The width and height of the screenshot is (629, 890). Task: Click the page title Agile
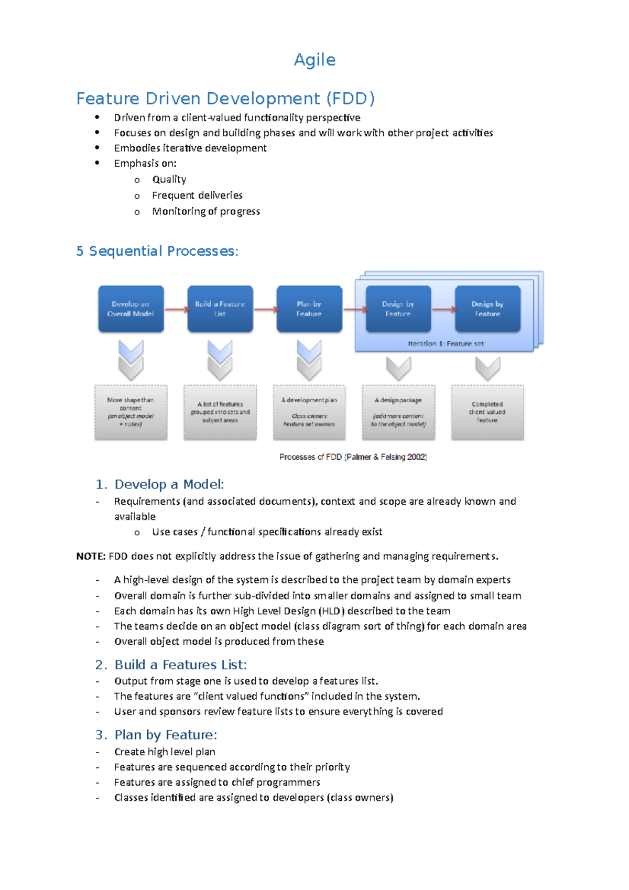[314, 60]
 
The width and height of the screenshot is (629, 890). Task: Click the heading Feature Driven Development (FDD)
[225, 99]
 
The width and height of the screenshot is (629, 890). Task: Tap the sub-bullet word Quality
[169, 179]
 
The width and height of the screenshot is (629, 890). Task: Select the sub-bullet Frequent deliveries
[197, 196]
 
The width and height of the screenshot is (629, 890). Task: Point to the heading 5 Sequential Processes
[157, 251]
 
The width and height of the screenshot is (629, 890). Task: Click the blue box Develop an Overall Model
[131, 309]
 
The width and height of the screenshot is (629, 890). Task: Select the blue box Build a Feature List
[220, 309]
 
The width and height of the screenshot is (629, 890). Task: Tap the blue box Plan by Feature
[309, 309]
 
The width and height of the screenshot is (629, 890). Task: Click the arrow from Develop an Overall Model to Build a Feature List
[176, 309]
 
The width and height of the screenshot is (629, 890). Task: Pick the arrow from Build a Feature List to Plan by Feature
[265, 309]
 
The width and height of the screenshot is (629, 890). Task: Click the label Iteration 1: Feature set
[446, 344]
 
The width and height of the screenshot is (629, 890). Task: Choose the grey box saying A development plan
[309, 412]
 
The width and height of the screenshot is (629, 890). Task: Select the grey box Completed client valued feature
[487, 412]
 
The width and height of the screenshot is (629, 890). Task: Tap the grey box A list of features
[220, 412]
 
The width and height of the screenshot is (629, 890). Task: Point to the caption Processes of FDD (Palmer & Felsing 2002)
[353, 457]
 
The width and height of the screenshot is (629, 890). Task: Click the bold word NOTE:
[91, 556]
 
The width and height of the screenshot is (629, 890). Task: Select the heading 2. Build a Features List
[171, 665]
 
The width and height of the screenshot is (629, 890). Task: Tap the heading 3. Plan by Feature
[156, 735]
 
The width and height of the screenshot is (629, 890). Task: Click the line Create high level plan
[165, 752]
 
